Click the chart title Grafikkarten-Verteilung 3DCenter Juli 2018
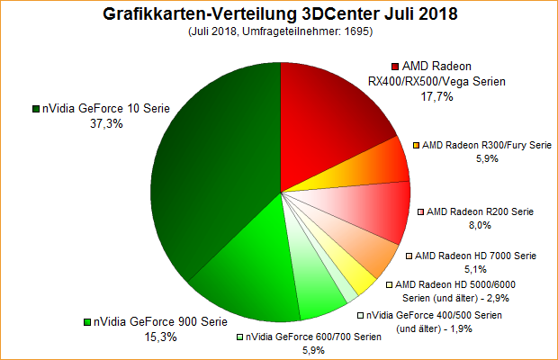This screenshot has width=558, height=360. (x=279, y=14)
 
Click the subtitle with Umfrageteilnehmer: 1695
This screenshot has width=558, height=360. (x=279, y=32)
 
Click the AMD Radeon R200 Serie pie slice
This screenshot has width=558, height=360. (x=378, y=211)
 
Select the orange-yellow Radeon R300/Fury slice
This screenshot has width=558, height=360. (x=378, y=166)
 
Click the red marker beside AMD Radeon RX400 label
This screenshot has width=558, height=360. (x=395, y=67)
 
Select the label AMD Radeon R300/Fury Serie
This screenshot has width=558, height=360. (x=487, y=144)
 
